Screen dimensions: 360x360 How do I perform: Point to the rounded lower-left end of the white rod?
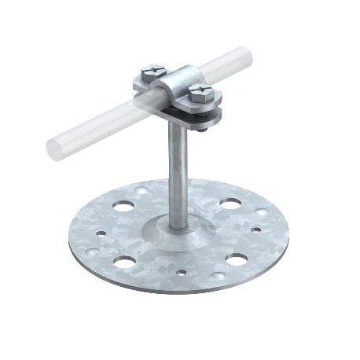57,149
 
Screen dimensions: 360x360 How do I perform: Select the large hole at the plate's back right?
230,204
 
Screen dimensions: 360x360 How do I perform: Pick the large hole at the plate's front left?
124,261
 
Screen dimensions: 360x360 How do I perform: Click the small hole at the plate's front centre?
182,274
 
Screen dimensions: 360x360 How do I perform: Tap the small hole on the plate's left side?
100,233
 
